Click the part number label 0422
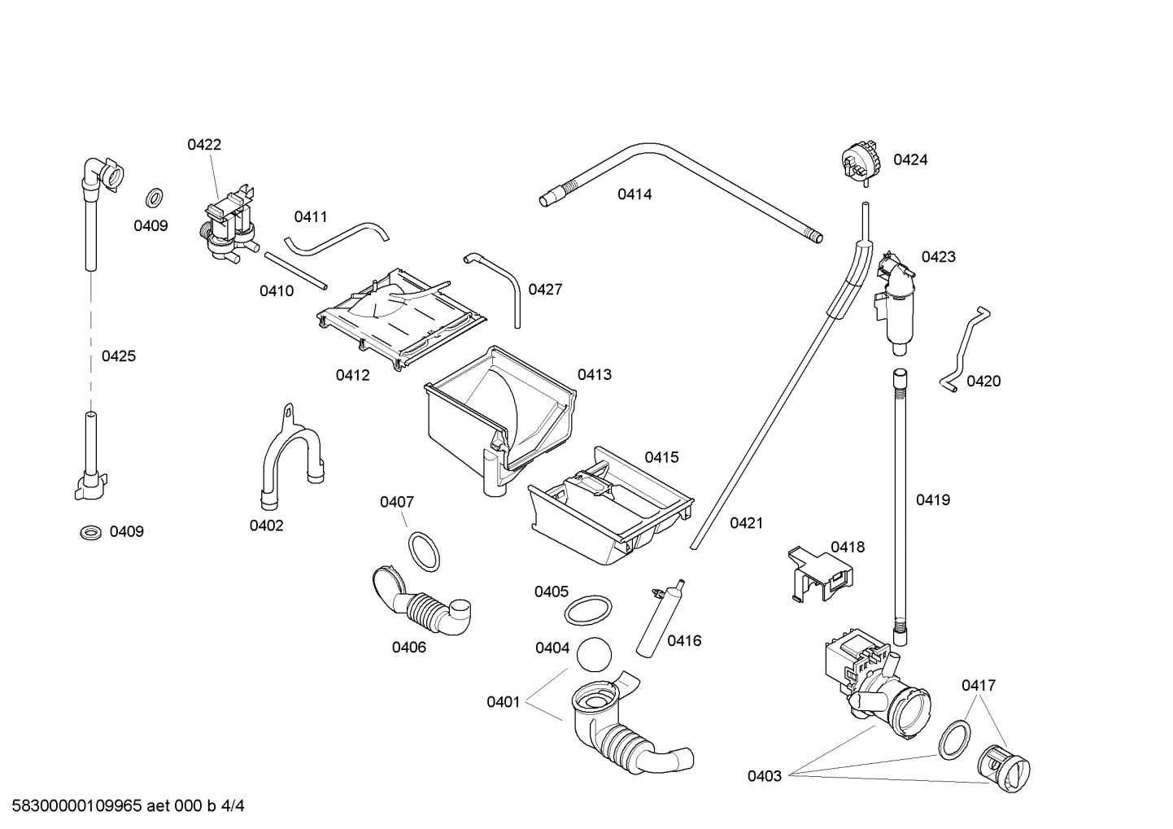click(204, 145)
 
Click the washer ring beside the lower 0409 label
click(90, 532)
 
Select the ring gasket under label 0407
click(423, 551)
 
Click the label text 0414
click(634, 194)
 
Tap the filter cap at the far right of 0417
click(1004, 769)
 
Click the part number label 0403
click(765, 776)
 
